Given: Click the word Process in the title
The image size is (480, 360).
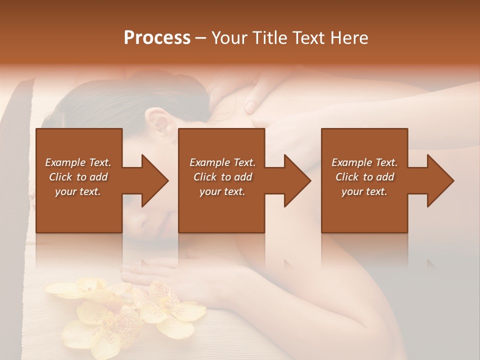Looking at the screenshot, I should click(157, 38).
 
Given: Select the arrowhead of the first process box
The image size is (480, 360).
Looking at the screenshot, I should click(155, 180).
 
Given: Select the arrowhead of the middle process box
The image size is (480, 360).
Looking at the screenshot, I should click(297, 180).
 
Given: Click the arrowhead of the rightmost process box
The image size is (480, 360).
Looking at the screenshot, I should click(440, 180).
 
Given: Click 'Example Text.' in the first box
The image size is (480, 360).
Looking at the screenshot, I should click(78, 162).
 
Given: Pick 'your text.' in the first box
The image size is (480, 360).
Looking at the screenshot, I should click(78, 191).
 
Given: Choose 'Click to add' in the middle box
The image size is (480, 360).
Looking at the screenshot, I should click(222, 177).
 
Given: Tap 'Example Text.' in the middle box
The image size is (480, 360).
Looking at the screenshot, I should click(222, 162).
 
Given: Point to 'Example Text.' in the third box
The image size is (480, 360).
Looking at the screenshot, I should click(364, 162).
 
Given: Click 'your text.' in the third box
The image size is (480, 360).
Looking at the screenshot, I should click(364, 191).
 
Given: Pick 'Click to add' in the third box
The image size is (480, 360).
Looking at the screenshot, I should click(364, 177).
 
